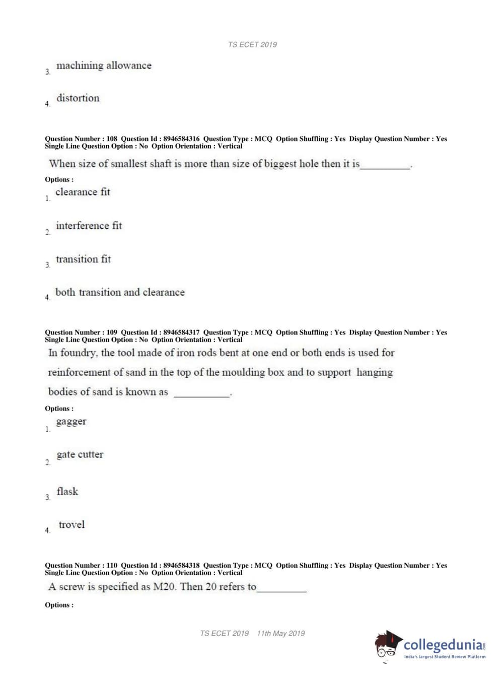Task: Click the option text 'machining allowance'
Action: [x=104, y=65]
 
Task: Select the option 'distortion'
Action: [x=78, y=98]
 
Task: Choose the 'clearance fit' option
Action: [x=83, y=192]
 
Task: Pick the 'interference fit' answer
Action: [x=89, y=226]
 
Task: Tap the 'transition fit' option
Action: [x=83, y=259]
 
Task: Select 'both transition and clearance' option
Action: [x=120, y=293]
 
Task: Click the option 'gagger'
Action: [x=71, y=422]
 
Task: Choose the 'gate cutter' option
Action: [x=80, y=455]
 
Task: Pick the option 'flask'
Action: [x=67, y=492]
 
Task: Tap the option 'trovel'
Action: [x=71, y=525]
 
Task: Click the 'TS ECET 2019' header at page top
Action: [x=252, y=45]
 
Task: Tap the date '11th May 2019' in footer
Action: [x=280, y=634]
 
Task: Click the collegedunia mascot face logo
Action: [x=387, y=645]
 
